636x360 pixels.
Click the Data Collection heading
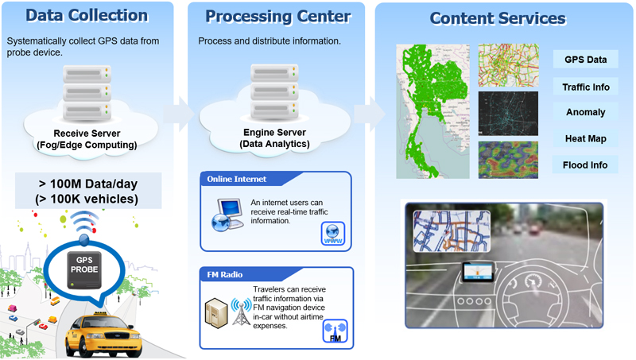pyautogui.click(x=87, y=15)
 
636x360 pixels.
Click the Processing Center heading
pyautogui.click(x=277, y=16)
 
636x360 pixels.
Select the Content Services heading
pyautogui.click(x=498, y=18)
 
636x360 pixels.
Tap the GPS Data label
pyautogui.click(x=585, y=60)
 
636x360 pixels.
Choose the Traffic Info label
pyautogui.click(x=585, y=86)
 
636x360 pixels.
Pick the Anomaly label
pyautogui.click(x=585, y=112)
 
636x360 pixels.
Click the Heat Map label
pyautogui.click(x=585, y=138)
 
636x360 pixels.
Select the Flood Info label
pyautogui.click(x=585, y=165)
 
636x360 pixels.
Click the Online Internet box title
pyautogui.click(x=236, y=178)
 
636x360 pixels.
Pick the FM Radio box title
pyautogui.click(x=224, y=275)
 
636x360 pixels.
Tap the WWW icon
pyautogui.click(x=333, y=233)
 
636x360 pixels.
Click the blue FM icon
pyautogui.click(x=335, y=331)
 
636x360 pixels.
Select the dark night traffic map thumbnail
pyautogui.click(x=508, y=113)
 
